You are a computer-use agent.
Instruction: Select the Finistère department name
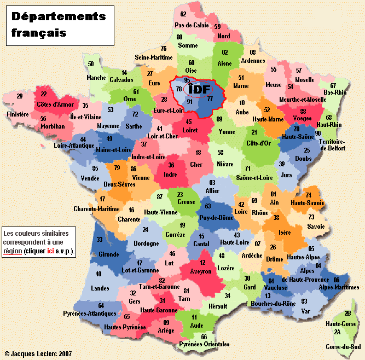pyautogui.click(x=18, y=114)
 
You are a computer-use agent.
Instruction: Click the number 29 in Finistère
pyautogui.click(x=20, y=96)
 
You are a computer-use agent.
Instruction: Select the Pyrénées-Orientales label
pyautogui.click(x=204, y=344)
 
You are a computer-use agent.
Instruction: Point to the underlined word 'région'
pyautogui.click(x=13, y=251)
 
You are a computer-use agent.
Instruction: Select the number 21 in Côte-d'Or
pyautogui.click(x=254, y=133)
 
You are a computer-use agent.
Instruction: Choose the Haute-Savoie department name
pyautogui.click(x=308, y=203)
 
